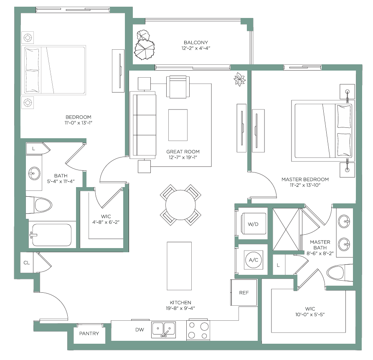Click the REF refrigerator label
tap(244, 293)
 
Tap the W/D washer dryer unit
tap(253, 224)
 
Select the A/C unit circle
tap(254, 260)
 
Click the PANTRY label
tap(89, 333)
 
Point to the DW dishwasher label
tap(140, 330)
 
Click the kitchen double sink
tap(163, 330)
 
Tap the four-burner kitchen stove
tap(198, 330)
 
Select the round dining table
tap(180, 205)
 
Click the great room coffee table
tap(178, 125)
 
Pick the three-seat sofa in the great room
tap(143, 125)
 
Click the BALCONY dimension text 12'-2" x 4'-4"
tap(196, 48)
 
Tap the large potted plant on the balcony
tap(145, 49)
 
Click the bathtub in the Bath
tap(52, 235)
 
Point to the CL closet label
tap(27, 263)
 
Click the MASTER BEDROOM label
tap(305, 179)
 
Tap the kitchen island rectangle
tap(179, 266)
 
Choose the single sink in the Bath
tap(34, 173)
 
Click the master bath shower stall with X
tap(286, 229)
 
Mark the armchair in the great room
tap(178, 87)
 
